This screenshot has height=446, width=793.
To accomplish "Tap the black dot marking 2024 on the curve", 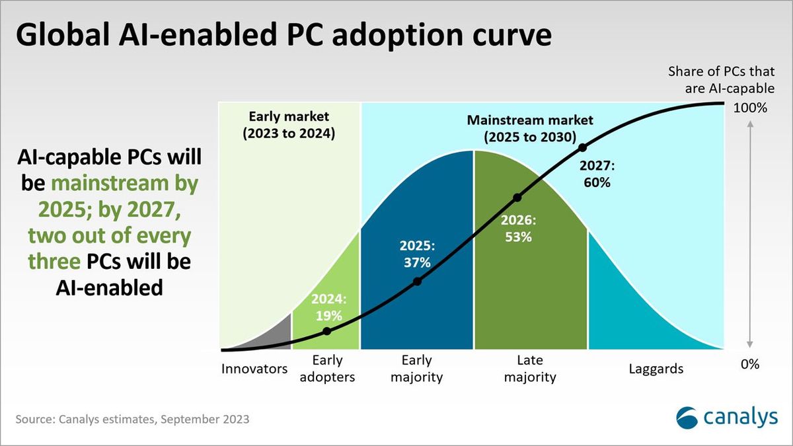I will pyautogui.click(x=327, y=331).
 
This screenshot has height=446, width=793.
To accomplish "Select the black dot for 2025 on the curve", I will pyautogui.click(x=417, y=282).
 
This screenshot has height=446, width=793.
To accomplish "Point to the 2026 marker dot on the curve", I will pyautogui.click(x=517, y=197).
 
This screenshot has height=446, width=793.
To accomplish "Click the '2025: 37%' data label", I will pyautogui.click(x=417, y=254).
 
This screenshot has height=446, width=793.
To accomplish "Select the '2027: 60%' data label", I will pyautogui.click(x=596, y=174).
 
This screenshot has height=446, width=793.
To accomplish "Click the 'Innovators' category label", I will pyautogui.click(x=254, y=369).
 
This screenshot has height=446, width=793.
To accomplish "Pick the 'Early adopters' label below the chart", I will pyautogui.click(x=326, y=369).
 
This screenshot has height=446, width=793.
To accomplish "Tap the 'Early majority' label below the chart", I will pyautogui.click(x=416, y=369).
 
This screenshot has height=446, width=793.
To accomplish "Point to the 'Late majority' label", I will pyautogui.click(x=529, y=369).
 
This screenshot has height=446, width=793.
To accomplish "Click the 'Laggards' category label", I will pyautogui.click(x=656, y=369).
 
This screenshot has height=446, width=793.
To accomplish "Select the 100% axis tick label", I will pyautogui.click(x=749, y=108).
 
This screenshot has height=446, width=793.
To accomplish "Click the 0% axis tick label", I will pyautogui.click(x=749, y=364).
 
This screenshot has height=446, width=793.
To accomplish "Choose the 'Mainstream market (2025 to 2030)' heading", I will pyautogui.click(x=530, y=129).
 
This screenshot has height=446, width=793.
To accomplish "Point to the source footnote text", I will pyautogui.click(x=133, y=420).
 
